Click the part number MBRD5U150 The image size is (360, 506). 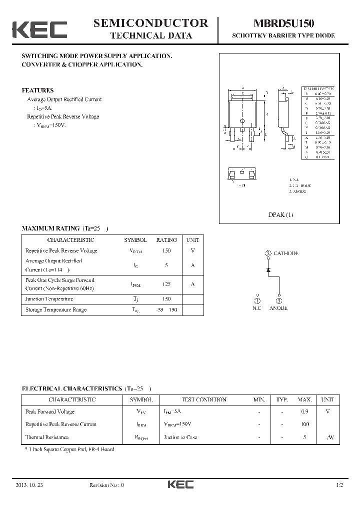point(283,23)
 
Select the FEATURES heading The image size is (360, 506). point(37,90)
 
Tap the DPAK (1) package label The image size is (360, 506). point(281,215)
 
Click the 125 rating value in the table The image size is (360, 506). point(166,284)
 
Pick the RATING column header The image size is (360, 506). point(166,240)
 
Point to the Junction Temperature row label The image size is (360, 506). point(49,299)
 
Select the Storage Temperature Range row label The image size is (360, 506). point(55,309)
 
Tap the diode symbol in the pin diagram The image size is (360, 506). point(268,270)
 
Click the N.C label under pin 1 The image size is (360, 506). point(257,308)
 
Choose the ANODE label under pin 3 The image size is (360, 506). point(278,308)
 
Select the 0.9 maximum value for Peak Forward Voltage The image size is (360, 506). point(305,412)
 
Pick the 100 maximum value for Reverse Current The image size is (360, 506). point(304,424)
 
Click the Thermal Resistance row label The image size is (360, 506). point(46,437)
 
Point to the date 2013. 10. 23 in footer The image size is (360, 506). point(29,485)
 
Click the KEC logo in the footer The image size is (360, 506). point(180,485)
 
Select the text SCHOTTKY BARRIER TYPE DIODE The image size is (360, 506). point(283,36)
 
